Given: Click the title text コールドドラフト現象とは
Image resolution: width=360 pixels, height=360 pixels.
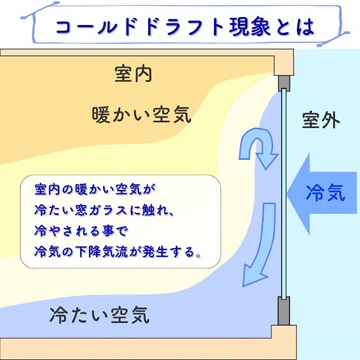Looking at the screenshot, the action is pos(185,27).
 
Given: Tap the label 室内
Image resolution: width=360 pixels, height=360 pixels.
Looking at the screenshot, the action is pos(133,74).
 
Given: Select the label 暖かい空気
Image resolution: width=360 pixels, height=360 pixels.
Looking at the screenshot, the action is pos(142,114).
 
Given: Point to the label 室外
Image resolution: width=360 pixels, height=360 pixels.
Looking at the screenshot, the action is pos(321,119).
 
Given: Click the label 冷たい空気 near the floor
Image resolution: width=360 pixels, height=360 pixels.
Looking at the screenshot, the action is pos(99,315).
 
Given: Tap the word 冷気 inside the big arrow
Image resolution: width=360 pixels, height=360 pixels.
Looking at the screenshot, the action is pos(326,192).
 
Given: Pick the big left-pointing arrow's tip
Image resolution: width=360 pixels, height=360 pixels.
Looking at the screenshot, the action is pos(287,193).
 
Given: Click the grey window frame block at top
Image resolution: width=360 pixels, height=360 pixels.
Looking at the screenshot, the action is pos(284,83).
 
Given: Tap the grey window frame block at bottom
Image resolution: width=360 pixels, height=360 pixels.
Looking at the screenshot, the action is pos(284,311).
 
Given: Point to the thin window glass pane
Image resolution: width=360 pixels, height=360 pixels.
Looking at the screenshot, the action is pos(284,193).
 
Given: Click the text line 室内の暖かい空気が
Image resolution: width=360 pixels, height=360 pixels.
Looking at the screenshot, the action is pos(95,189).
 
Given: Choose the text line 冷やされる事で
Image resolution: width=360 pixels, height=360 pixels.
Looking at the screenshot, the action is pos(81,230).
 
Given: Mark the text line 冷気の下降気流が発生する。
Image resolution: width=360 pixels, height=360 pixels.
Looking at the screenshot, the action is pos(118,251).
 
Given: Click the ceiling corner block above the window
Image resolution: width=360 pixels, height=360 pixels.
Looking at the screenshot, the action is pos(284,63).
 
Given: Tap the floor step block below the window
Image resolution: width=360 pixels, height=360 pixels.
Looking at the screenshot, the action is pos(284,342).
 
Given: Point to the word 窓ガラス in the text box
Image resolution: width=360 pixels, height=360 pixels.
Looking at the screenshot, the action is pos(101,210).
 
